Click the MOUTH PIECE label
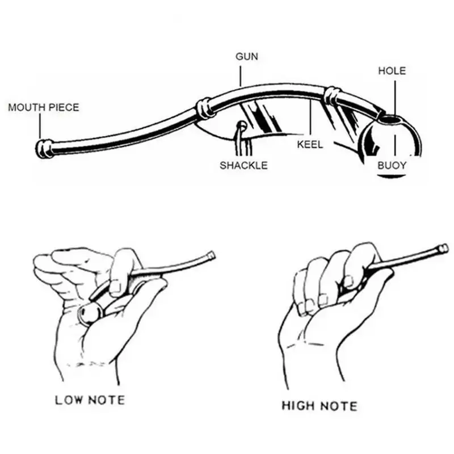(x=44, y=107)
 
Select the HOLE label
(x=392, y=71)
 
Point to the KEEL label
(x=310, y=144)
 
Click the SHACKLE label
(x=243, y=165)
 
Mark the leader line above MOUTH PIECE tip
(x=41, y=125)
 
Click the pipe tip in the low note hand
(x=211, y=256)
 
